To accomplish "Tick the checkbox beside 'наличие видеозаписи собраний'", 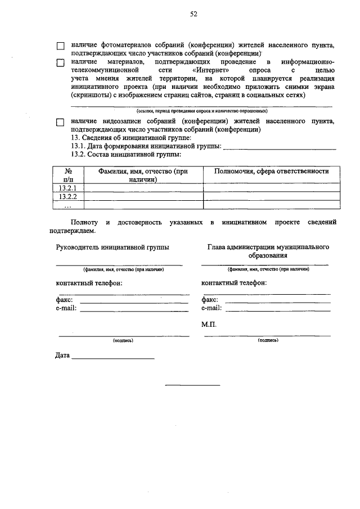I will (x=60, y=123).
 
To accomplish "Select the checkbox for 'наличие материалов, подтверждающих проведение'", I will (x=60, y=62).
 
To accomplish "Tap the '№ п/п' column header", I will (x=67, y=175).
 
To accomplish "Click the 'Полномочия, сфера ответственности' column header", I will (x=271, y=172).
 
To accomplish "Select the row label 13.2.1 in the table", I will (x=67, y=187).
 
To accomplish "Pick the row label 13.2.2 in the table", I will (x=67, y=196).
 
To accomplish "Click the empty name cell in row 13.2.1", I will (x=143, y=187).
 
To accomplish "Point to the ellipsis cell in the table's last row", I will (x=67, y=204).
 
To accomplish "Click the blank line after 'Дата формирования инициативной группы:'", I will (x=280, y=147).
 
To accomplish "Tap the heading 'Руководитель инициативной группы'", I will (x=112, y=247).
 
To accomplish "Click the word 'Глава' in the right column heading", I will (x=217, y=247).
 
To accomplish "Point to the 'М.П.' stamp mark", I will (x=209, y=325).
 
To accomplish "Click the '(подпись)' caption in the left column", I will (x=123, y=341).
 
